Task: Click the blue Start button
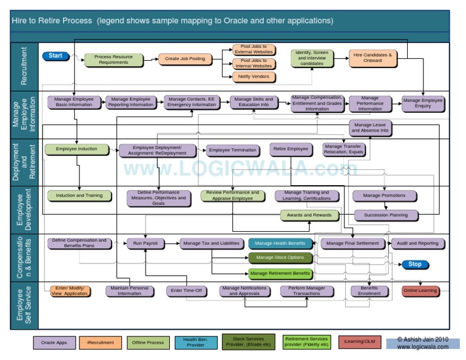click(56, 56)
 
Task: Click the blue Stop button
click(415, 264)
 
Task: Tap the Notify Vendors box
click(254, 77)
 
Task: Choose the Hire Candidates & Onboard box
click(373, 58)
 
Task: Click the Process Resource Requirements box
click(113, 59)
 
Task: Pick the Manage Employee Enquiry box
click(423, 103)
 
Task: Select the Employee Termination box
click(232, 150)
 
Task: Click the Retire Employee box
click(290, 149)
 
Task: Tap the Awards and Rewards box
click(309, 215)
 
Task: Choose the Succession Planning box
click(385, 215)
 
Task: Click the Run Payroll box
click(146, 243)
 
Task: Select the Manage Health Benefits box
click(280, 243)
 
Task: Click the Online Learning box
click(420, 291)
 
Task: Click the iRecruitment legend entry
click(100, 342)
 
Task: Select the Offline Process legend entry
click(147, 342)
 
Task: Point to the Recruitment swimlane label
click(25, 66)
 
